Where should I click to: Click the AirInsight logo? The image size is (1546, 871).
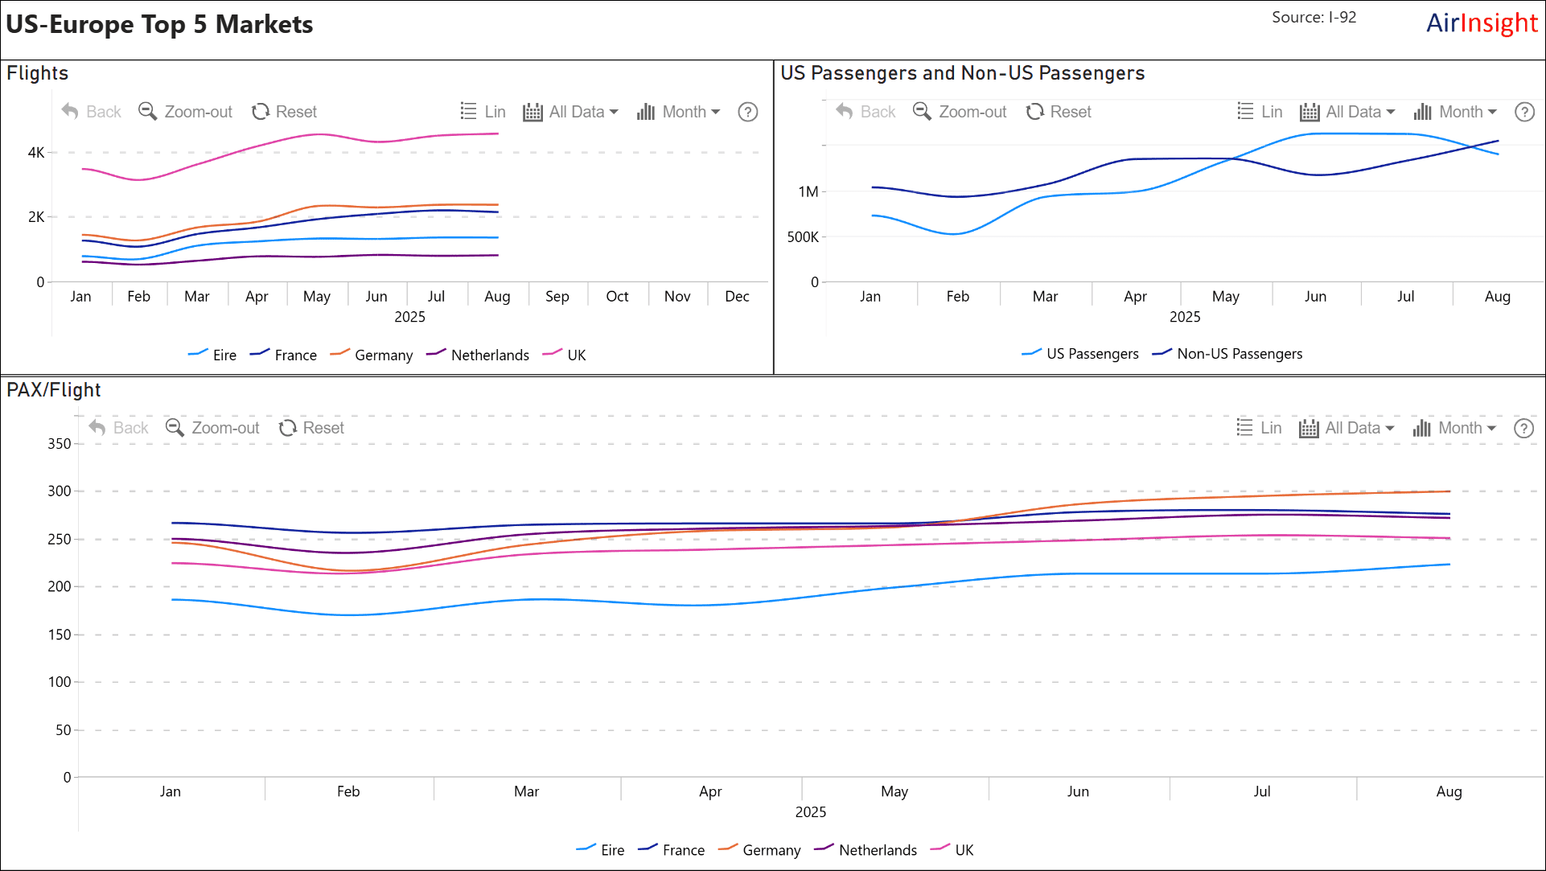(x=1481, y=23)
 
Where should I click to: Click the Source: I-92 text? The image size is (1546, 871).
(x=1314, y=18)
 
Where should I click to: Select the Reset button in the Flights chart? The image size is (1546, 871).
(x=285, y=112)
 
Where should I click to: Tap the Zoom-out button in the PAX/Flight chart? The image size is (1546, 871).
(x=213, y=428)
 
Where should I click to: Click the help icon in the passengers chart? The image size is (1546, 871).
(x=1524, y=112)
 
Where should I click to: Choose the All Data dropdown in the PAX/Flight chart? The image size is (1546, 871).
(x=1347, y=428)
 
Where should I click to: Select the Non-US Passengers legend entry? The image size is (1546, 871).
(x=1227, y=354)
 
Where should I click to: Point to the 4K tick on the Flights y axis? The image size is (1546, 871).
(x=36, y=152)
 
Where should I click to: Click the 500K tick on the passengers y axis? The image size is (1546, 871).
(x=803, y=236)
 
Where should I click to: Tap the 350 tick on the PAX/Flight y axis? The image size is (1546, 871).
(x=60, y=443)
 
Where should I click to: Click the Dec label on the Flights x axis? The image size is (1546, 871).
(x=737, y=297)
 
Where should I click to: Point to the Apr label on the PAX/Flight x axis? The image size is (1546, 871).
(x=710, y=791)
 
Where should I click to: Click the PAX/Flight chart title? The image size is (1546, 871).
(x=54, y=390)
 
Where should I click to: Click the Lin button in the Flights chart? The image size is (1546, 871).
(x=483, y=112)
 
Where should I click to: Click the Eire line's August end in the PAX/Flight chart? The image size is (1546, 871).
(x=1449, y=565)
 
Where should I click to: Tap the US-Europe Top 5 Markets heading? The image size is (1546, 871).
(x=159, y=24)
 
